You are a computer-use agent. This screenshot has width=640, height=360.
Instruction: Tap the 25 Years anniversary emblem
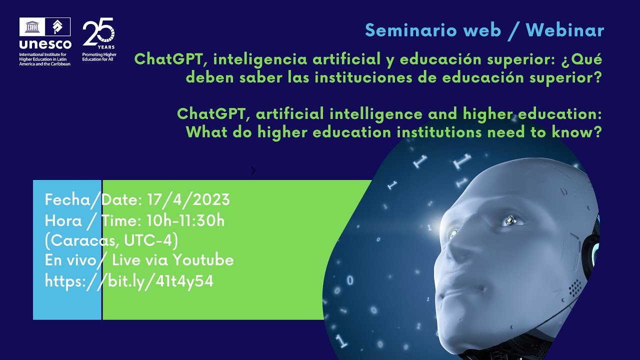pos(98,33)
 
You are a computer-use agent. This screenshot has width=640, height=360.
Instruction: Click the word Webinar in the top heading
pos(565,30)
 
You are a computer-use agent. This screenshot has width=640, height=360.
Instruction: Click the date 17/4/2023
pos(188,200)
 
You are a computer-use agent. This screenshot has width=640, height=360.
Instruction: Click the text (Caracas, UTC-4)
pos(111,240)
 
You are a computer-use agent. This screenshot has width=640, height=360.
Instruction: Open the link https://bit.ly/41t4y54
pos(129,281)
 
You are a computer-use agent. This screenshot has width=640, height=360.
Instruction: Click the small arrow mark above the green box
pos(253,171)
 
